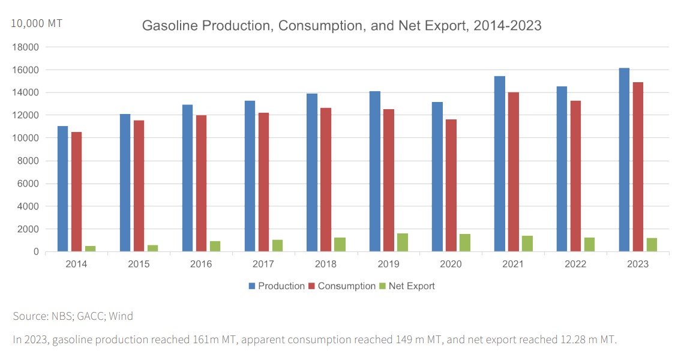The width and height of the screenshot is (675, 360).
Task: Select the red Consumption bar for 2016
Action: (201, 183)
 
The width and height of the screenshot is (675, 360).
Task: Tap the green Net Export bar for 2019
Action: (402, 242)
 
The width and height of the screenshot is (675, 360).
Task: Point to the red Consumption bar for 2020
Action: (451, 185)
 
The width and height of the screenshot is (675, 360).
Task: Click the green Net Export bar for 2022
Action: (589, 244)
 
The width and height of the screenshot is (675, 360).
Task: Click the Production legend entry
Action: (281, 286)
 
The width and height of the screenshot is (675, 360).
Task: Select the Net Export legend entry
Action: (411, 286)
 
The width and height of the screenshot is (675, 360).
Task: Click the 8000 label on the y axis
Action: (29, 161)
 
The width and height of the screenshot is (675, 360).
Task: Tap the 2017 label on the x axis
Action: (263, 265)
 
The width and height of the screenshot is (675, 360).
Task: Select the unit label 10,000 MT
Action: (37, 23)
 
